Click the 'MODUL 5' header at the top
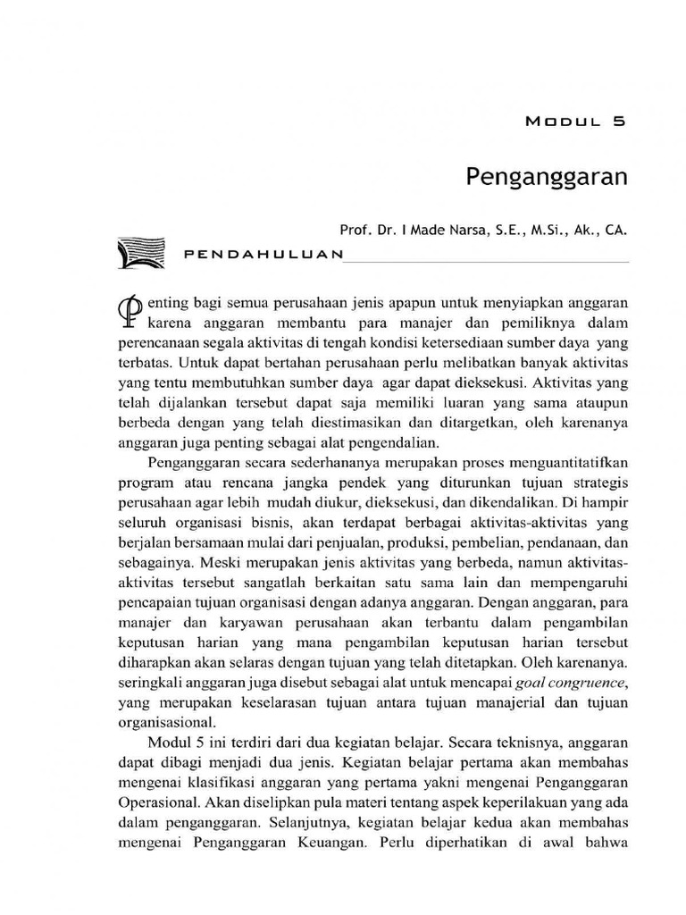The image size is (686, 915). tap(576, 124)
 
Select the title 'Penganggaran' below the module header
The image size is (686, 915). tap(547, 176)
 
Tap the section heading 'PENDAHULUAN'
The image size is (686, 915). tap(263, 254)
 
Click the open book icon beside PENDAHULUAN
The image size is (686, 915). tap(141, 252)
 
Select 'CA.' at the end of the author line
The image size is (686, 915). tap(616, 229)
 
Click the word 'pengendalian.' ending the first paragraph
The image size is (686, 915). tap(389, 442)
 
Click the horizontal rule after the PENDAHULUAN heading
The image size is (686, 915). tap(487, 260)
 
